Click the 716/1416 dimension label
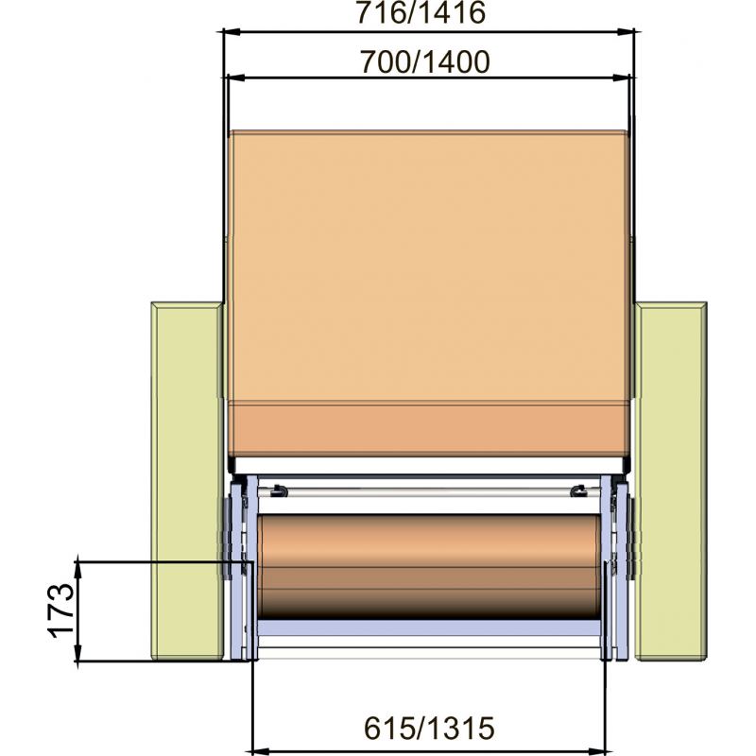click(421, 13)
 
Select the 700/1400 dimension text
click(425, 62)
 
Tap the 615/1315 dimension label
click(429, 728)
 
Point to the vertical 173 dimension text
click(62, 610)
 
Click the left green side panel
click(187, 481)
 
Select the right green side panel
click(671, 481)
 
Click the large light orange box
click(429, 266)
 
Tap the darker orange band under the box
click(429, 429)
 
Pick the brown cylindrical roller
click(429, 567)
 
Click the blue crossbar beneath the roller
click(429, 627)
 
